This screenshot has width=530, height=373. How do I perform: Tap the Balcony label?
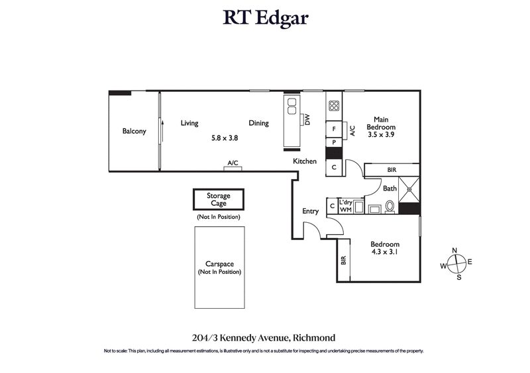[134, 131]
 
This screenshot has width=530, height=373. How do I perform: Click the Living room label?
[190, 123]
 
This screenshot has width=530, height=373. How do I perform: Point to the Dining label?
[258, 123]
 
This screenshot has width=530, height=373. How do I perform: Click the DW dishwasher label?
[307, 120]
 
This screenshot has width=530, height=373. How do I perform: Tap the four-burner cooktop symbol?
[334, 106]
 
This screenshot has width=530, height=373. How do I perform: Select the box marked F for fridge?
[334, 129]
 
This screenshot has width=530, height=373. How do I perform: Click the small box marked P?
[334, 142]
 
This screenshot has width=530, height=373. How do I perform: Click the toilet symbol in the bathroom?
[390, 207]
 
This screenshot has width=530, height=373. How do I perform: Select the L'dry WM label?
[345, 206]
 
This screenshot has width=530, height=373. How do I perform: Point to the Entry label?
[310, 211]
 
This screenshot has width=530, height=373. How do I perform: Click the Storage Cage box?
[219, 200]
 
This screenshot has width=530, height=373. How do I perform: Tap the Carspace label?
[219, 263]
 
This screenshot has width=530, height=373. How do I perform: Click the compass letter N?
[454, 250]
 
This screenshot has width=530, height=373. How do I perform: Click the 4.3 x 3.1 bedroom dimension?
[384, 251]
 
